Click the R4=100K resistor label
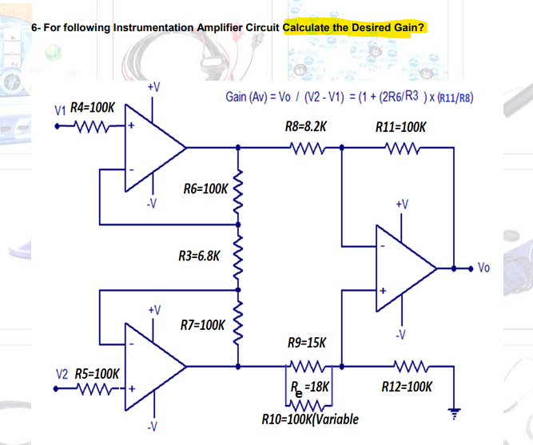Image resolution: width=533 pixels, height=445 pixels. pos(93,106)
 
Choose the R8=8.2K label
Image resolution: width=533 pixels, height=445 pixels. pos(305,127)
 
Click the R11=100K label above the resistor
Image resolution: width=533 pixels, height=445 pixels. pos(400,127)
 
